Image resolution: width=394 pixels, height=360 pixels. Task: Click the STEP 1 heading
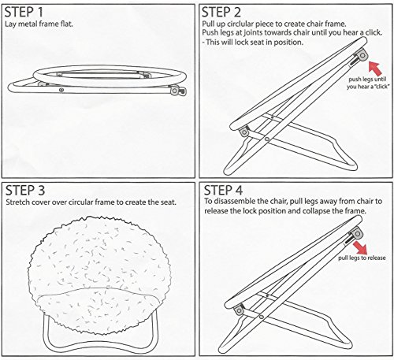pos(24,12)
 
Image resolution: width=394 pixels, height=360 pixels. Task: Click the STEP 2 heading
pos(221,12)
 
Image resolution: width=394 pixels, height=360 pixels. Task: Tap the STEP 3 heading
pos(25,191)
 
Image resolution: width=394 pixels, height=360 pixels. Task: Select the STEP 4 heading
pos(223,190)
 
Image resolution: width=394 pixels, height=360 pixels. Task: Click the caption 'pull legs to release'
pos(362,258)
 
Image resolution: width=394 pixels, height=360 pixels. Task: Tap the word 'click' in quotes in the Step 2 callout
pos(380,87)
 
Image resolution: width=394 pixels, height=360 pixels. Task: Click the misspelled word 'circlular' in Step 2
pos(241,24)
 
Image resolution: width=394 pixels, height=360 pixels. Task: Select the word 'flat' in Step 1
pos(67,24)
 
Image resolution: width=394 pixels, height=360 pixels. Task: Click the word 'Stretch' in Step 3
pos(17,202)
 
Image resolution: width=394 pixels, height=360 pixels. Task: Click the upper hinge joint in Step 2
pos(362,55)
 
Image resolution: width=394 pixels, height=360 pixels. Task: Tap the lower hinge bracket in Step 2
pos(244,132)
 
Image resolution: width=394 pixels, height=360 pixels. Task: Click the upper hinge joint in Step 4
pos(357,233)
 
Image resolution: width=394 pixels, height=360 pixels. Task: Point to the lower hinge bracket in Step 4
pos(239,310)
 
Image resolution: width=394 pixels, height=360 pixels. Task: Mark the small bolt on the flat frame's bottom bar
pos(61,90)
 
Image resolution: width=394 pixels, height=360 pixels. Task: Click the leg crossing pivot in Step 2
pos(266,139)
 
